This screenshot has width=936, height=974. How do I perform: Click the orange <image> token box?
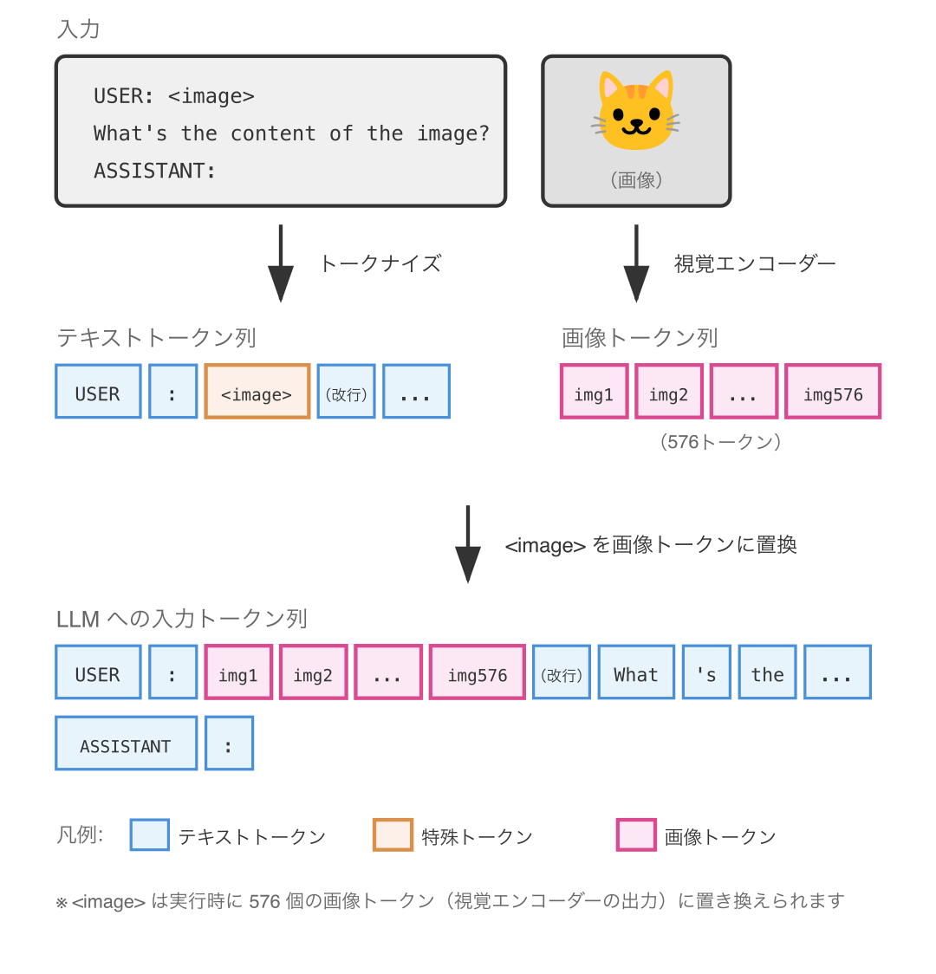(x=257, y=392)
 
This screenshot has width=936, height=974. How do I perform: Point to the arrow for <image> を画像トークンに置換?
(x=468, y=544)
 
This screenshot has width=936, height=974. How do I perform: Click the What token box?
(x=636, y=672)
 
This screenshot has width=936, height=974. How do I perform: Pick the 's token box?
(x=706, y=672)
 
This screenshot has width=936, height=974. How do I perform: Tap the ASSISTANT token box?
(x=126, y=743)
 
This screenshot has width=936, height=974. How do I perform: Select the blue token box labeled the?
(x=767, y=672)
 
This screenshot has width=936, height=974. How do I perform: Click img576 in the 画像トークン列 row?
(x=833, y=392)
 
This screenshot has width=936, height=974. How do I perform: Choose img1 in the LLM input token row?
(x=238, y=672)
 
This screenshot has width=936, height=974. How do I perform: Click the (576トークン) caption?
(x=720, y=442)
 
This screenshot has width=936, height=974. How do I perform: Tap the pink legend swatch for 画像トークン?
(x=636, y=835)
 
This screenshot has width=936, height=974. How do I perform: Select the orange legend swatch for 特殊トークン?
(x=393, y=835)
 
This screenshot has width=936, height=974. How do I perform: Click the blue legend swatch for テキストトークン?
(x=150, y=835)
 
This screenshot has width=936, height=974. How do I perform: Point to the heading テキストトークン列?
(x=156, y=337)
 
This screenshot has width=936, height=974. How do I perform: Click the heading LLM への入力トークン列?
(x=182, y=619)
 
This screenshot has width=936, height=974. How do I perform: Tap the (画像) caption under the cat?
(x=636, y=180)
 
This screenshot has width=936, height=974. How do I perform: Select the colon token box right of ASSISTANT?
(x=229, y=743)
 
